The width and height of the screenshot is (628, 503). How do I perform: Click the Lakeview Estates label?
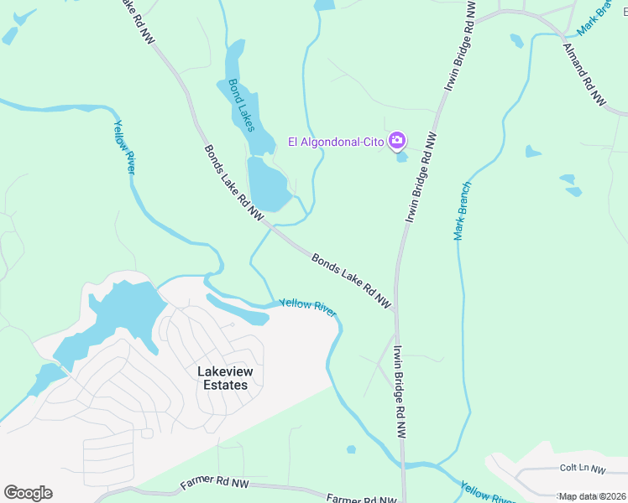point(222,378)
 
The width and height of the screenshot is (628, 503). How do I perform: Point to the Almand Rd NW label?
point(584,74)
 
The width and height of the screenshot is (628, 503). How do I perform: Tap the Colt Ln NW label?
point(582,469)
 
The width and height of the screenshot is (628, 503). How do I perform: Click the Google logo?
point(28,493)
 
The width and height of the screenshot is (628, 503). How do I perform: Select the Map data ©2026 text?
point(591,496)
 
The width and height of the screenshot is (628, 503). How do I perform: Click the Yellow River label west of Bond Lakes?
point(124,147)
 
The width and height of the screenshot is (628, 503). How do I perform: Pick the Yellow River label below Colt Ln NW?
point(488,493)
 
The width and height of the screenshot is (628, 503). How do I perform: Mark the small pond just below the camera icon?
point(401,157)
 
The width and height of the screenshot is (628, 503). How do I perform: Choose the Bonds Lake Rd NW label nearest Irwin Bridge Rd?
point(352,280)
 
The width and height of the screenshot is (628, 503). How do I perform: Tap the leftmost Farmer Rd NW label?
point(215,485)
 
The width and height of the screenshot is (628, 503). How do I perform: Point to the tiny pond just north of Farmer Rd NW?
point(350,450)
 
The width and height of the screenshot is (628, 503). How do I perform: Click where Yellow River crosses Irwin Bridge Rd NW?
point(402,464)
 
